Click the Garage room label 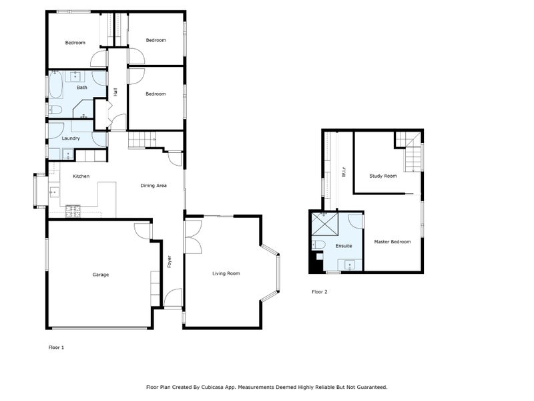coord(100,275)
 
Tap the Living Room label coord(226,273)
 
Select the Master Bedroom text coord(392,242)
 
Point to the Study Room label coord(383,176)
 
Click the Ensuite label coord(343,246)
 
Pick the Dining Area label coord(153,185)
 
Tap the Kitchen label coord(81,176)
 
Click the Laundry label coord(71,138)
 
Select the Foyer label coord(170,260)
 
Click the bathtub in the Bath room coord(55,86)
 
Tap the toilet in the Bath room coord(55,110)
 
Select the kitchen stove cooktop coord(72,213)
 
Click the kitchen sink coord(53,193)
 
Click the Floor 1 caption coord(57,348)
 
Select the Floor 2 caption coord(320,292)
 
